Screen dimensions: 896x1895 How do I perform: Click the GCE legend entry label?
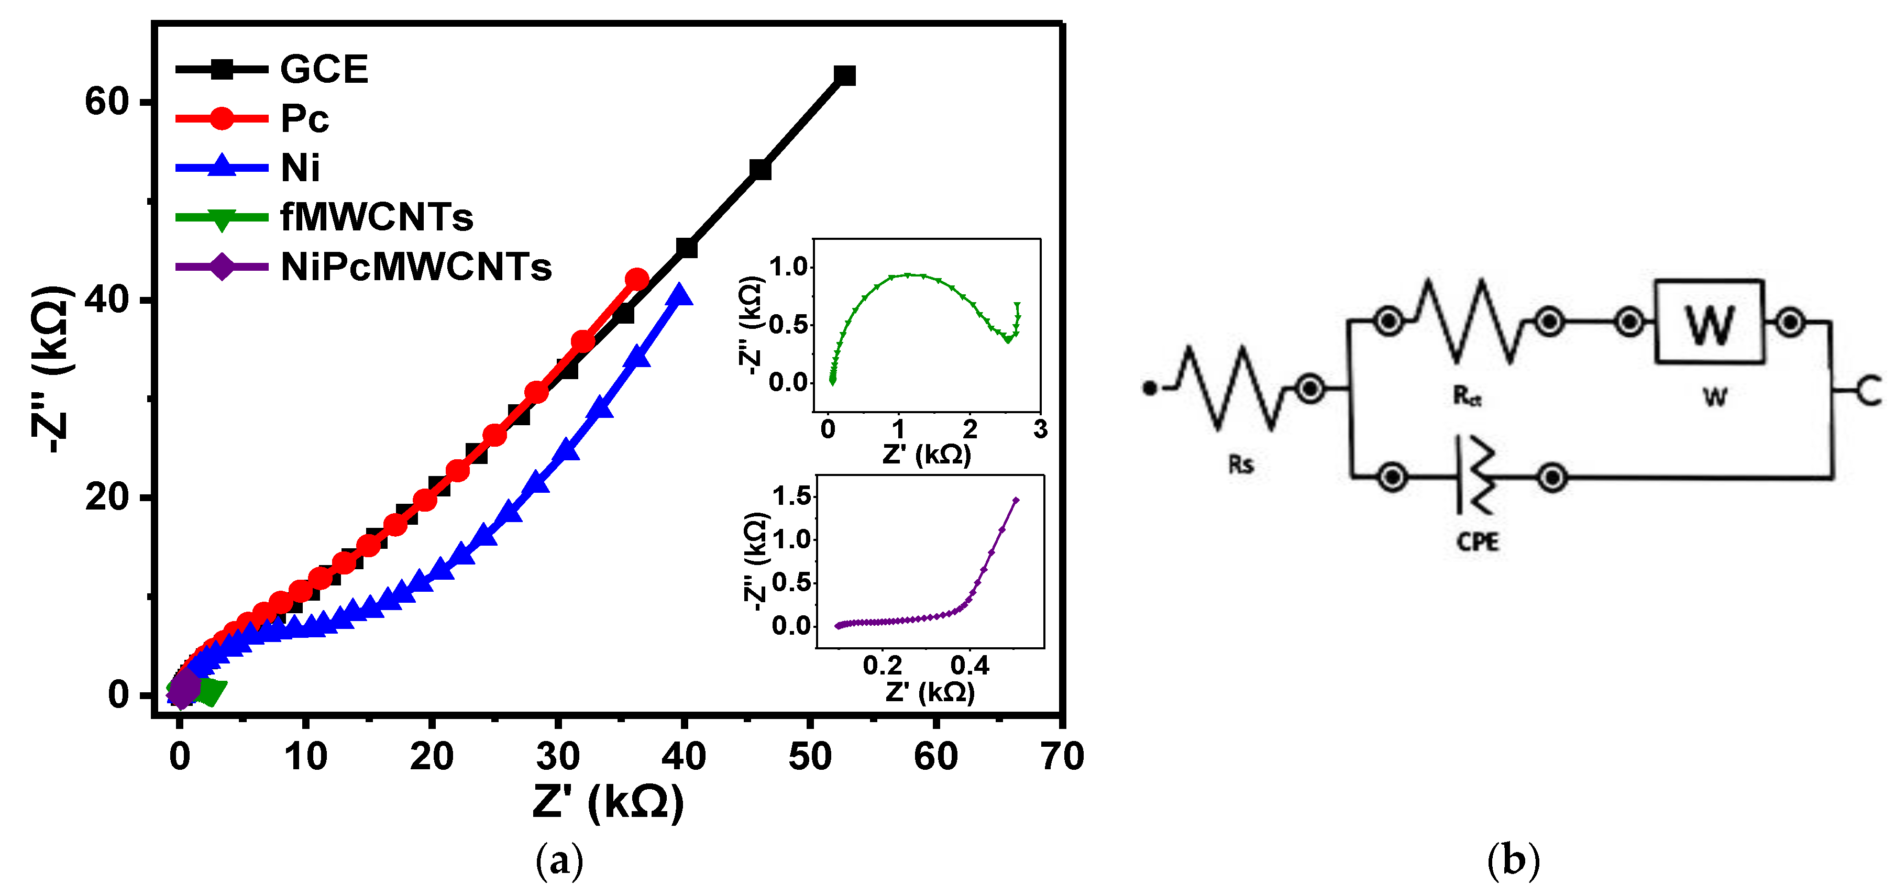click(324, 70)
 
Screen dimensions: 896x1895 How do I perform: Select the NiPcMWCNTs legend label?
click(416, 267)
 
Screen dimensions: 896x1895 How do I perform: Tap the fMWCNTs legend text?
click(377, 218)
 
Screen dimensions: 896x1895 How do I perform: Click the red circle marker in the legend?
click(222, 118)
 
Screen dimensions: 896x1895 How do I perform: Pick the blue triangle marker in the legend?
click(222, 165)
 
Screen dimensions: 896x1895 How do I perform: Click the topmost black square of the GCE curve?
click(844, 75)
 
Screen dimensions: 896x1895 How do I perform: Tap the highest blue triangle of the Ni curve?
click(680, 295)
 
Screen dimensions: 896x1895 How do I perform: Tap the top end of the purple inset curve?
click(1016, 500)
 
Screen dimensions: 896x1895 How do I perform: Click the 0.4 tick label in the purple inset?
click(969, 666)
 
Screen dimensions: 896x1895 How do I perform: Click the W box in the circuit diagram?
click(1710, 322)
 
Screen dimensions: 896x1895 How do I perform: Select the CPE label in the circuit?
click(1477, 542)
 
